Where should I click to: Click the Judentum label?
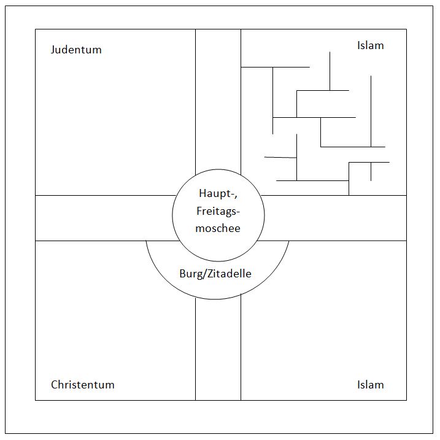pyautogui.click(x=76, y=50)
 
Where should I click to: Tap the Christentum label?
pyautogui.click(x=83, y=385)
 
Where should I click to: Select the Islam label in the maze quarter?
pyautogui.click(x=371, y=45)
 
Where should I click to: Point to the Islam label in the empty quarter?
pyautogui.click(x=371, y=385)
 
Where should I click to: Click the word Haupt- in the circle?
pyautogui.click(x=217, y=194)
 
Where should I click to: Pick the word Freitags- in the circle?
pyautogui.click(x=218, y=211)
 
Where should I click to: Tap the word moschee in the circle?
pyautogui.click(x=218, y=228)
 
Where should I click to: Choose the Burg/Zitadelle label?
pyautogui.click(x=215, y=274)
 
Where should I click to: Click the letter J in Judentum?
pyautogui.click(x=53, y=50)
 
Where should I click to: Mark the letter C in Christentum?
pyautogui.click(x=54, y=385)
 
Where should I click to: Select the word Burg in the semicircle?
pyautogui.click(x=191, y=274)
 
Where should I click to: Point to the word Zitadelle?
pyautogui.click(x=230, y=274)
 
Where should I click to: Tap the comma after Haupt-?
pyautogui.click(x=236, y=197)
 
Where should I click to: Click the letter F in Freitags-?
pyautogui.click(x=199, y=211)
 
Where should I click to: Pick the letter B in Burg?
pyautogui.click(x=182, y=274)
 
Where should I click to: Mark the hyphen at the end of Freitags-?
pyautogui.click(x=238, y=213)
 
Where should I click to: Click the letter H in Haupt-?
pyautogui.click(x=203, y=193)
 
